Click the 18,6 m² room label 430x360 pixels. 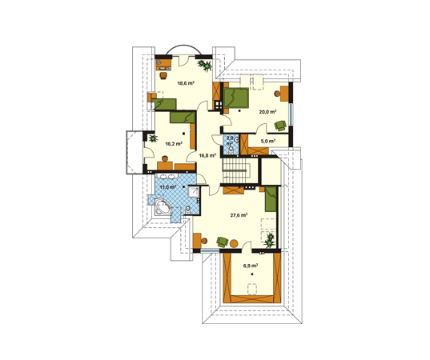click(x=186, y=83)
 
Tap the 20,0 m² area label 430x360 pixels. click(x=267, y=112)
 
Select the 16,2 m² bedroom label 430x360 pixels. click(x=174, y=143)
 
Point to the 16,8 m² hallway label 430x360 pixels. click(x=207, y=156)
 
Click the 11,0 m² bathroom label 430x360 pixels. click(x=168, y=187)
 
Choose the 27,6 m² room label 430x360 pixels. click(x=239, y=215)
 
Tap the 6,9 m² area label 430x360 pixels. click(x=251, y=266)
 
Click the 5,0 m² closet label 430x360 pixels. click(x=268, y=141)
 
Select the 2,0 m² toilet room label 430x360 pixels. click(x=230, y=140)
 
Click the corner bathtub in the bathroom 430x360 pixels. click(x=163, y=207)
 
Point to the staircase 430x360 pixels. click(x=236, y=171)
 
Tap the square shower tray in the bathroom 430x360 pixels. click(x=194, y=192)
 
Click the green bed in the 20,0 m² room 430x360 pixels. click(x=236, y=98)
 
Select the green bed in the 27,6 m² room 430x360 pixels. click(x=271, y=199)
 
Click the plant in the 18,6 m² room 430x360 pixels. click(x=205, y=66)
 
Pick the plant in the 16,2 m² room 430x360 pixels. click(x=152, y=138)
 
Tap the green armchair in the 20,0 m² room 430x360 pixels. click(x=280, y=126)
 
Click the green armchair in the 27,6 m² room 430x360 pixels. click(x=223, y=242)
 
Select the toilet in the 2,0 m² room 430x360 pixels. click(x=231, y=150)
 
